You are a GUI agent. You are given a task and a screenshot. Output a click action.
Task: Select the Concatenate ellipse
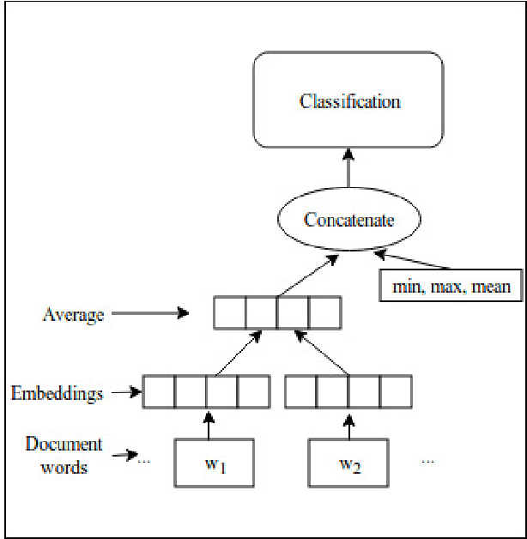point(348,220)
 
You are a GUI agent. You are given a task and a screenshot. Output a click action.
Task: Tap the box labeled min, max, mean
point(451,287)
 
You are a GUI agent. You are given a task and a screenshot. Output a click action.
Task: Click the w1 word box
point(215,464)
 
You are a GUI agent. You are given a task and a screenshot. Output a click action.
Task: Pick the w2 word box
point(348,464)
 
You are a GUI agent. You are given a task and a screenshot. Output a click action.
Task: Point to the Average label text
point(73,314)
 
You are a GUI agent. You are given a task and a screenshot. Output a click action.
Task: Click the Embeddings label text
point(57,394)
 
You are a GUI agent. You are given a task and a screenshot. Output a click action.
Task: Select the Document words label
point(64,455)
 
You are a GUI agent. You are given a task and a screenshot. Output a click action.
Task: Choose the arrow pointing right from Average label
point(150,314)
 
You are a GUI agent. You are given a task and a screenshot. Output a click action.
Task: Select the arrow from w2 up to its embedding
point(348,424)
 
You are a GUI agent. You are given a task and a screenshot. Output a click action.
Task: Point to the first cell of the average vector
point(230,313)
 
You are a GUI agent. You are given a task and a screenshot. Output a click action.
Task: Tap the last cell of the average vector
point(324,313)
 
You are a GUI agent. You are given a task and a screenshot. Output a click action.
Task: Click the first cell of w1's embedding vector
point(159,392)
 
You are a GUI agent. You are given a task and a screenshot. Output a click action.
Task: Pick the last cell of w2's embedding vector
point(396,392)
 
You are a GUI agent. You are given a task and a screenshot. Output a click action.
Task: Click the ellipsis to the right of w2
point(427,461)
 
